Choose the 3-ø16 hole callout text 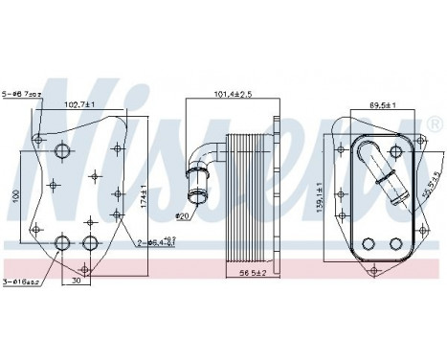(x=22, y=281)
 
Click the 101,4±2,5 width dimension (x=233, y=94)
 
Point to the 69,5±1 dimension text (x=384, y=104)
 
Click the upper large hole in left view (x=64, y=151)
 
